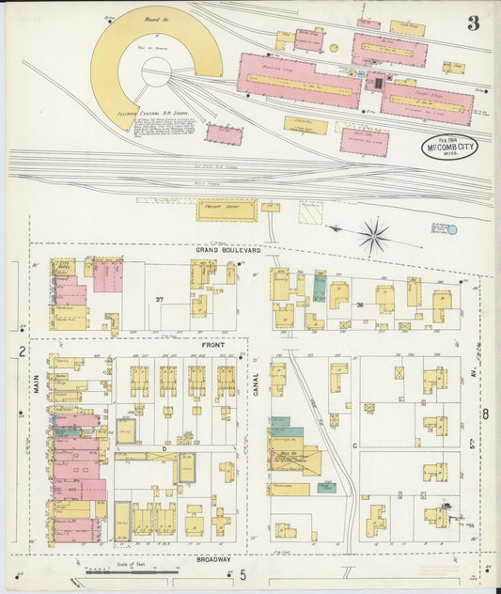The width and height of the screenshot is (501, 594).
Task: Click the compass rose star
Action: click(374, 235)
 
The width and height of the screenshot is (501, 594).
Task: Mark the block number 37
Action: click(160, 300)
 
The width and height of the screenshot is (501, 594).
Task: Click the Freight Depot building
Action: click(226, 210)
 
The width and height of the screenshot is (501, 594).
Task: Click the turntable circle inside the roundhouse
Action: click(156, 71)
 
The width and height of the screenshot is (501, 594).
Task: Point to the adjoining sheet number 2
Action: click(21, 352)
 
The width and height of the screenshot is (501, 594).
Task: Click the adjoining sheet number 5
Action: click(242, 574)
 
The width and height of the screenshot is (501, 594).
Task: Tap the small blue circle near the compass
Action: click(451, 229)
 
